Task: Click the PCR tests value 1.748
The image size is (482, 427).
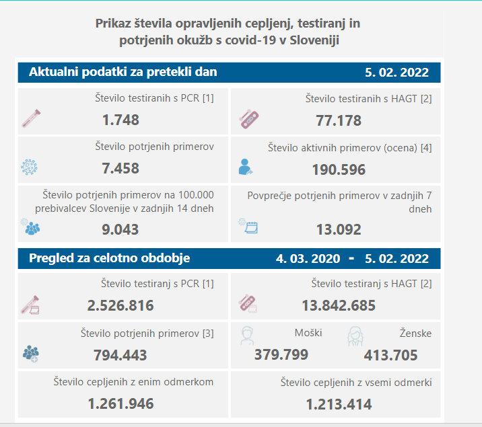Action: click(x=121, y=120)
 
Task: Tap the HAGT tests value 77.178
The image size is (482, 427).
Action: click(x=339, y=121)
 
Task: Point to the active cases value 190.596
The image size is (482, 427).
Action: click(x=339, y=169)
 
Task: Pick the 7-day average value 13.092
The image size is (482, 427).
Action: click(x=339, y=229)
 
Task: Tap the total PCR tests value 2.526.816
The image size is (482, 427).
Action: click(x=120, y=306)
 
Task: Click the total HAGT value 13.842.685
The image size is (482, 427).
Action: click(x=339, y=306)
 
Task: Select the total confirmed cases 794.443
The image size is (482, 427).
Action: click(x=121, y=355)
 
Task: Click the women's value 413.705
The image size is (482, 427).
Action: click(x=390, y=355)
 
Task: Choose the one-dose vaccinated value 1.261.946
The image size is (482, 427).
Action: click(x=120, y=404)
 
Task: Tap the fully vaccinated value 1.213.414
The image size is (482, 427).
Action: click(x=339, y=405)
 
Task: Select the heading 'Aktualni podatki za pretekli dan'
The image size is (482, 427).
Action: click(x=123, y=72)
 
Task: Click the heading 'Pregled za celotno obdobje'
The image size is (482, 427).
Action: click(x=109, y=258)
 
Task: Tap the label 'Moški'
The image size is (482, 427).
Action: click(x=308, y=333)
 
